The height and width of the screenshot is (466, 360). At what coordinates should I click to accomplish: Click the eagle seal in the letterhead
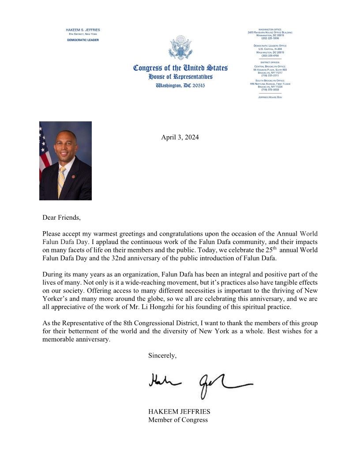(181, 48)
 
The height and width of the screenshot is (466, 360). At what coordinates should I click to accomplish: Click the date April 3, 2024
(180, 137)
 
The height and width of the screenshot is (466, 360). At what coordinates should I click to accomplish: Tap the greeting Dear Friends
(62, 217)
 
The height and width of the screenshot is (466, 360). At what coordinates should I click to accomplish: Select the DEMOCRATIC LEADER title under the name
(83, 40)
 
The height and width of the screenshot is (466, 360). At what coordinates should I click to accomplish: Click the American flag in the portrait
(45, 150)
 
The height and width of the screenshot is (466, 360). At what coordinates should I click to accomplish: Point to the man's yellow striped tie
(62, 181)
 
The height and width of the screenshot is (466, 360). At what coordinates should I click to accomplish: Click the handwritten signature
(201, 381)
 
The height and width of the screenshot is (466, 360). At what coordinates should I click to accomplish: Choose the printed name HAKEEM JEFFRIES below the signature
(179, 412)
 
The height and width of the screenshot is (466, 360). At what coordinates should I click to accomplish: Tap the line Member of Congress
(178, 420)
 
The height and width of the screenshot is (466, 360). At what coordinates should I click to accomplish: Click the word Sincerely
(162, 356)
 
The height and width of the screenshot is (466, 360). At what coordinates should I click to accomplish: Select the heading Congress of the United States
(180, 68)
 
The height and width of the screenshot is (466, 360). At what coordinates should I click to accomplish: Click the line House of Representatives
(180, 77)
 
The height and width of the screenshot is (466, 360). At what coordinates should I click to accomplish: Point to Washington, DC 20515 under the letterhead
(180, 85)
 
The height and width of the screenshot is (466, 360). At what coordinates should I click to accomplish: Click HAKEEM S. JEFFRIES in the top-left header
(83, 30)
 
